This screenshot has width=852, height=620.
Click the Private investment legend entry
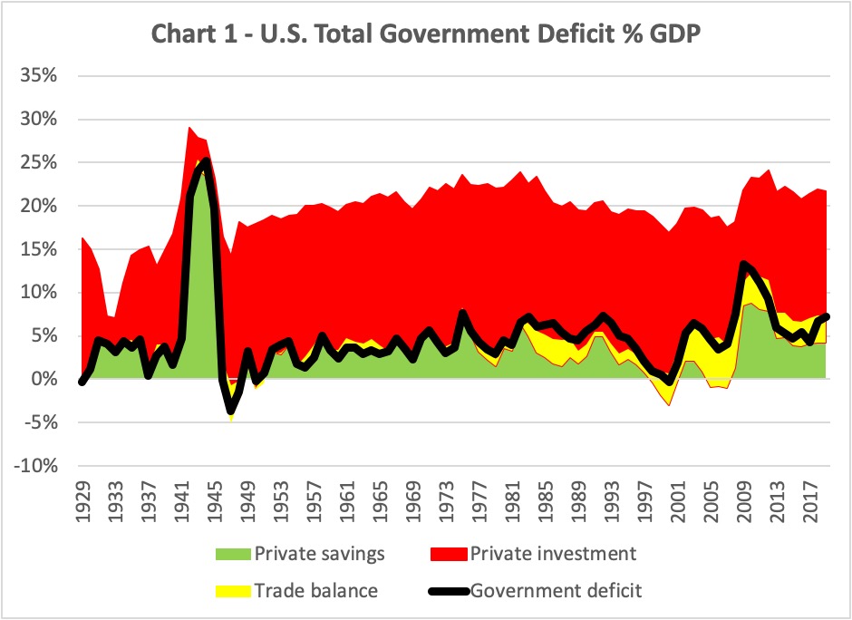pos(561,553)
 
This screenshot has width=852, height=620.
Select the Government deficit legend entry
pos(556,591)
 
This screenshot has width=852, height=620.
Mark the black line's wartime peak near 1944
pos(207,161)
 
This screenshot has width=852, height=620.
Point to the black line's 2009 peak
pos(743,265)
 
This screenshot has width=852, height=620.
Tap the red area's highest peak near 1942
pos(189,127)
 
